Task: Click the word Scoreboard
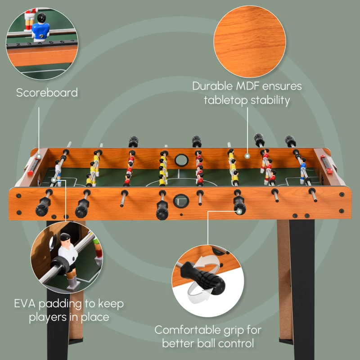[47, 93]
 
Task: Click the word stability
[266, 100]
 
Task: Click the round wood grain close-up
[249, 43]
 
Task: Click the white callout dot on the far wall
[247, 156]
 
